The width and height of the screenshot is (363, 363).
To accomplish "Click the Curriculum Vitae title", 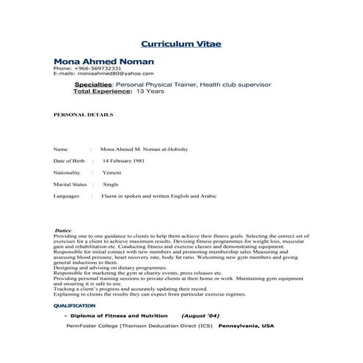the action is coord(180,44).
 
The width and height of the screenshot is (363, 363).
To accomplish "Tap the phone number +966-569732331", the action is coord(87,68).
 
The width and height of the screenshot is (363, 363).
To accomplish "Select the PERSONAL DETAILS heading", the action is coord(84,115).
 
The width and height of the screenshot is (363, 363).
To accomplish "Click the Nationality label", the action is coord(67,172).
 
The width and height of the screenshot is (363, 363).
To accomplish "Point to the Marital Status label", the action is coord(70,184).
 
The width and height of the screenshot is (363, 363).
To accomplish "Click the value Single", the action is coord(111,184).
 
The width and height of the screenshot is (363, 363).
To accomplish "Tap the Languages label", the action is coord(67,197).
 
